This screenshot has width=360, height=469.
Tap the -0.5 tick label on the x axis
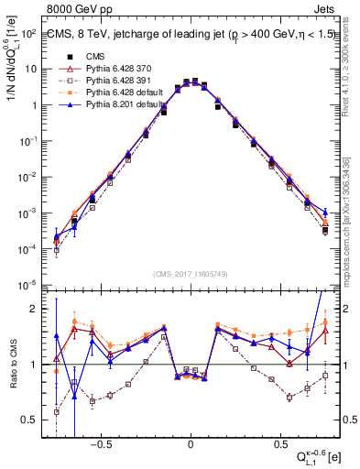[x=102, y=439]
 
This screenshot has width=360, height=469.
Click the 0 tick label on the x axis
[x=191, y=439]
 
